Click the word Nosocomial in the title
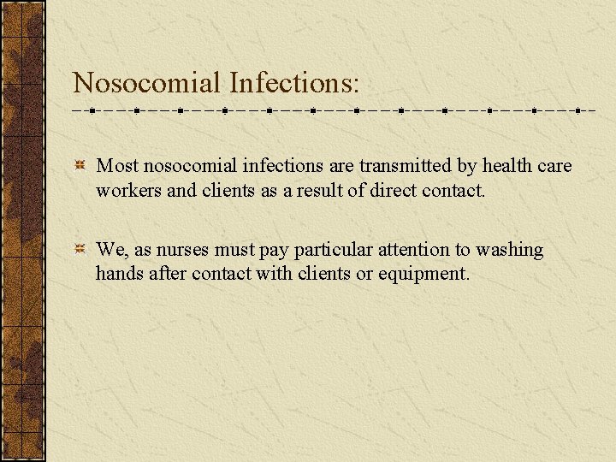click(x=147, y=82)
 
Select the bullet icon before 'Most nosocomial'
click(x=79, y=165)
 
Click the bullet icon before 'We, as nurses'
click(x=79, y=250)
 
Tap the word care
click(x=555, y=165)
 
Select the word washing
click(x=510, y=250)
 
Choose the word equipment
click(x=424, y=274)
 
